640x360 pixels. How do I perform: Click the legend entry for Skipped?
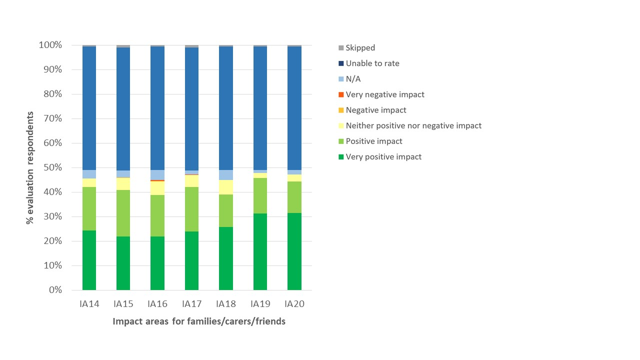[360, 48]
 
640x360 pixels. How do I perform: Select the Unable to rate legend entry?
[372, 63]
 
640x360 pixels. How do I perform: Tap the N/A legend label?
[353, 79]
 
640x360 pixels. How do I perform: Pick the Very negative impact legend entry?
[385, 94]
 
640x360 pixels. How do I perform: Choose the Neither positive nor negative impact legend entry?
[413, 125]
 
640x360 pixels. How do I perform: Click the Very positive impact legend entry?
[383, 156]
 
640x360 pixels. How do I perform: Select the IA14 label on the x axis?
[89, 304]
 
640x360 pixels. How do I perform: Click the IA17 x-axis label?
[191, 304]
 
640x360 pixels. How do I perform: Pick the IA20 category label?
[294, 304]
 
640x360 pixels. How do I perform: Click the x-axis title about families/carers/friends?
[199, 321]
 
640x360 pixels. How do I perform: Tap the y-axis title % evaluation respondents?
[31, 167]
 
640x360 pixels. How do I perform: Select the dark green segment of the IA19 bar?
[260, 251]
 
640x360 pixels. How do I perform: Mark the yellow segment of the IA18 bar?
[226, 187]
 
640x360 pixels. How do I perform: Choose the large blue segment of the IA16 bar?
[157, 108]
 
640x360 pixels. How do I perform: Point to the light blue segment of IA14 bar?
[89, 174]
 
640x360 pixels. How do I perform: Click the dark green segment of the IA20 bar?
[294, 251]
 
